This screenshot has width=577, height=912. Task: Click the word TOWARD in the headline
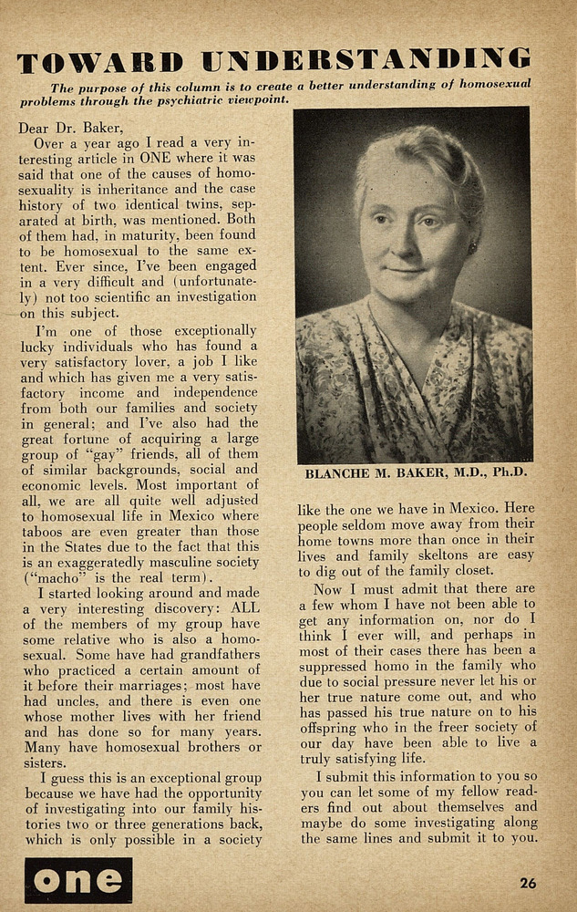point(101,62)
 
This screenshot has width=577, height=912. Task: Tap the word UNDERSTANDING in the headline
point(366,60)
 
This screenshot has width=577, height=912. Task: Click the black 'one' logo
point(78,880)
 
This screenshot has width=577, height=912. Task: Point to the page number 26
point(528,883)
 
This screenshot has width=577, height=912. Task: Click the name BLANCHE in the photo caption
point(338,473)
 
